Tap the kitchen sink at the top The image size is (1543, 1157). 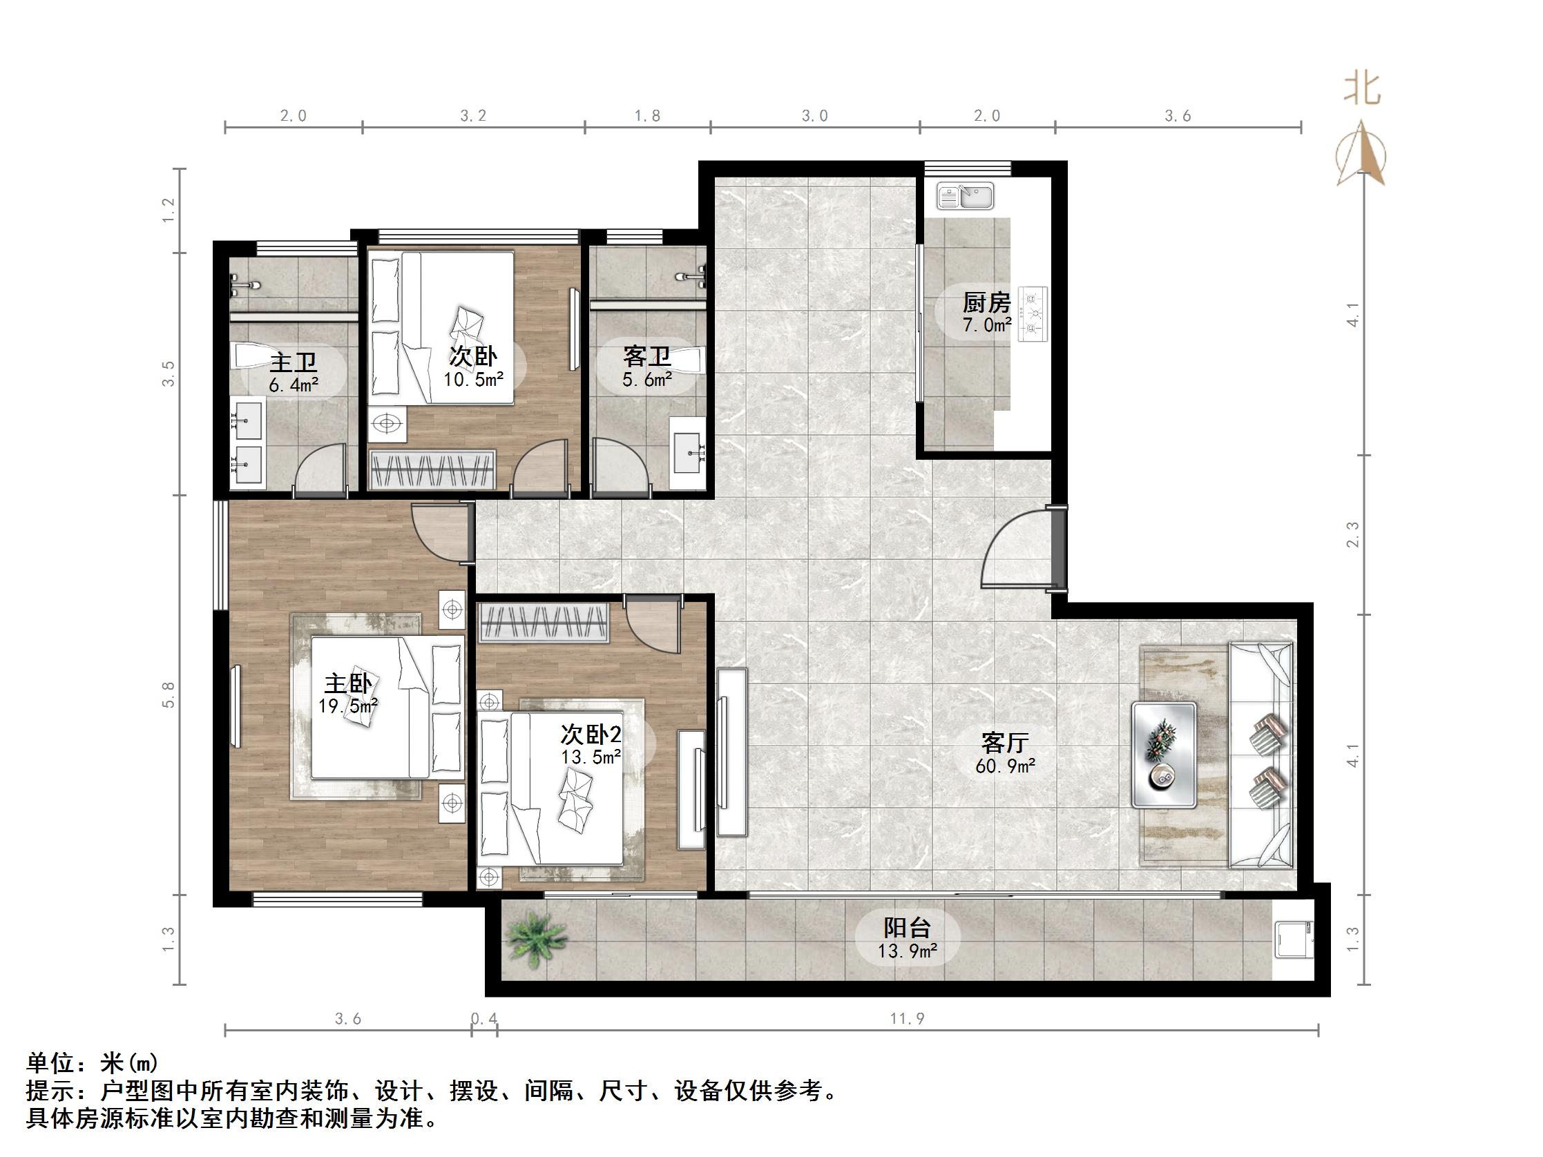click(x=965, y=197)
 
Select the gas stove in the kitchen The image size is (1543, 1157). click(x=1034, y=314)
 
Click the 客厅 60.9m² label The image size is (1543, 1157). click(x=1004, y=753)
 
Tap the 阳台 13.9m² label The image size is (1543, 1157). click(x=907, y=938)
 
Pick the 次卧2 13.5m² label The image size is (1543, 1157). click(x=591, y=744)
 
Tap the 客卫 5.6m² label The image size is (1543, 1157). click(x=646, y=366)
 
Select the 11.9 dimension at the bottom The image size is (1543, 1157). click(x=907, y=1019)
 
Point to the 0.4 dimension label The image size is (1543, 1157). click(x=484, y=1019)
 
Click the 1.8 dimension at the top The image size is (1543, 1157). click(x=647, y=116)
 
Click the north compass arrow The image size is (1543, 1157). click(x=1361, y=155)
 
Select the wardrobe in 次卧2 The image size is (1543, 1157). click(x=544, y=621)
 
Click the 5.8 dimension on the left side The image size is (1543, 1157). click(x=169, y=694)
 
